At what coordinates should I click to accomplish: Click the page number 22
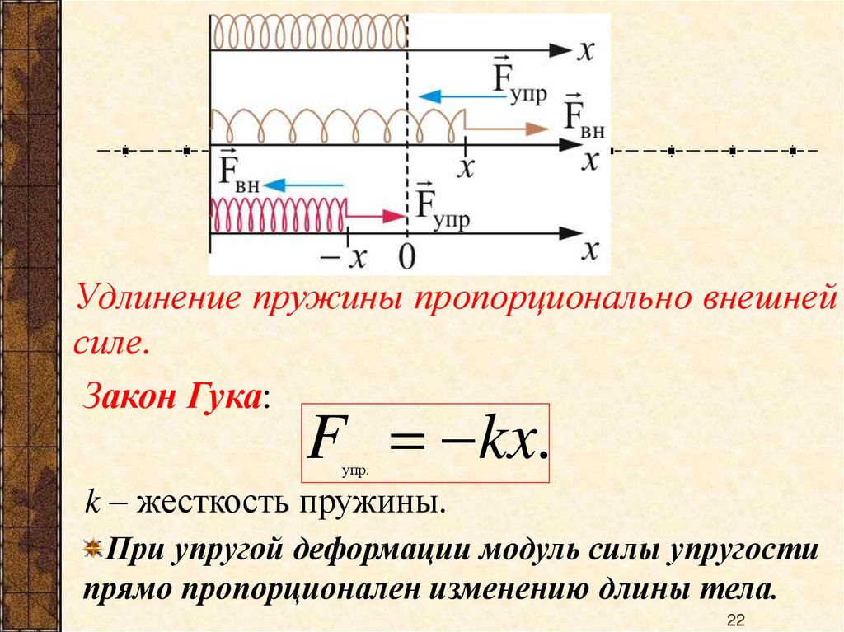(737, 620)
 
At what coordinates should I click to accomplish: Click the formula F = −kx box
(425, 442)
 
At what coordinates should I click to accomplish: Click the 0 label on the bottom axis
(406, 256)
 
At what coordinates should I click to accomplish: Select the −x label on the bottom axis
(345, 257)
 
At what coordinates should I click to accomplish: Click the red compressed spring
(279, 214)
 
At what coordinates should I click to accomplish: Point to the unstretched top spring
(308, 34)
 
